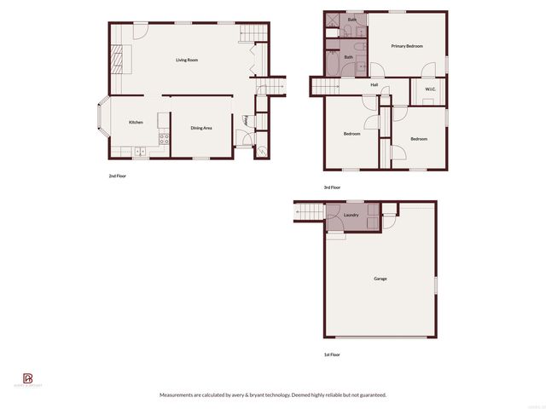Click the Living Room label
point(187,60)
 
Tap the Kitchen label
point(136,123)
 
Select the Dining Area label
point(201,128)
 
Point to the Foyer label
point(247,121)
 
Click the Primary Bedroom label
point(407,46)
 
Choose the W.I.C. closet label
point(430,89)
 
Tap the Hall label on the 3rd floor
point(375,85)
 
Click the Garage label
point(380,279)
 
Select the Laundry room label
point(351,216)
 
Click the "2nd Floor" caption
point(117,176)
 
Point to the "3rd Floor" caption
point(332,187)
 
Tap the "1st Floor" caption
point(331,354)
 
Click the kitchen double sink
point(139,152)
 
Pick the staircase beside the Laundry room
point(310,210)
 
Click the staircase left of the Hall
point(325,85)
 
